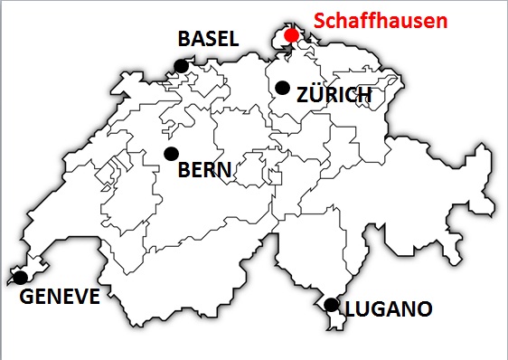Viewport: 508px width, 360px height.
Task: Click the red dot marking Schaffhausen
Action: pyautogui.click(x=291, y=35)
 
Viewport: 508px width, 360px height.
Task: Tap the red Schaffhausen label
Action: pyautogui.click(x=380, y=20)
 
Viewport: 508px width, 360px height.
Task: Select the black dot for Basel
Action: pyautogui.click(x=182, y=65)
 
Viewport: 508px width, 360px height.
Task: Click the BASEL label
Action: pyautogui.click(x=208, y=39)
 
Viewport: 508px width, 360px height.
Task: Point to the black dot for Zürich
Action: pyautogui.click(x=282, y=88)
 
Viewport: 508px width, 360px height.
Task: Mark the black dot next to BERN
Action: pyautogui.click(x=170, y=153)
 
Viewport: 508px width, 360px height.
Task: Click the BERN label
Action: pyautogui.click(x=205, y=169)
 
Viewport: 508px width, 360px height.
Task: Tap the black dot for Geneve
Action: pyautogui.click(x=18, y=277)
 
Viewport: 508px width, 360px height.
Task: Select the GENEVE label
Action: pyautogui.click(x=60, y=297)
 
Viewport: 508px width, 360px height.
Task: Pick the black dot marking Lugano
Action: pyautogui.click(x=332, y=304)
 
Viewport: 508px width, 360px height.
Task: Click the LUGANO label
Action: pyautogui.click(x=389, y=310)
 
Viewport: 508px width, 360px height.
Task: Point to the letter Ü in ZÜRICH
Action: pyautogui.click(x=314, y=95)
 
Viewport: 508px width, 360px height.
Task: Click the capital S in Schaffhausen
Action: pyautogui.click(x=319, y=20)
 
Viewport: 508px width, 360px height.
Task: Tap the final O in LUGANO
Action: pyautogui.click(x=423, y=310)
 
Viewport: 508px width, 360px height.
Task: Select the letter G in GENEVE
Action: pyautogui.click(x=28, y=297)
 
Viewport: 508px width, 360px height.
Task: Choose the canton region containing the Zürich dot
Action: pyautogui.click(x=294, y=104)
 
